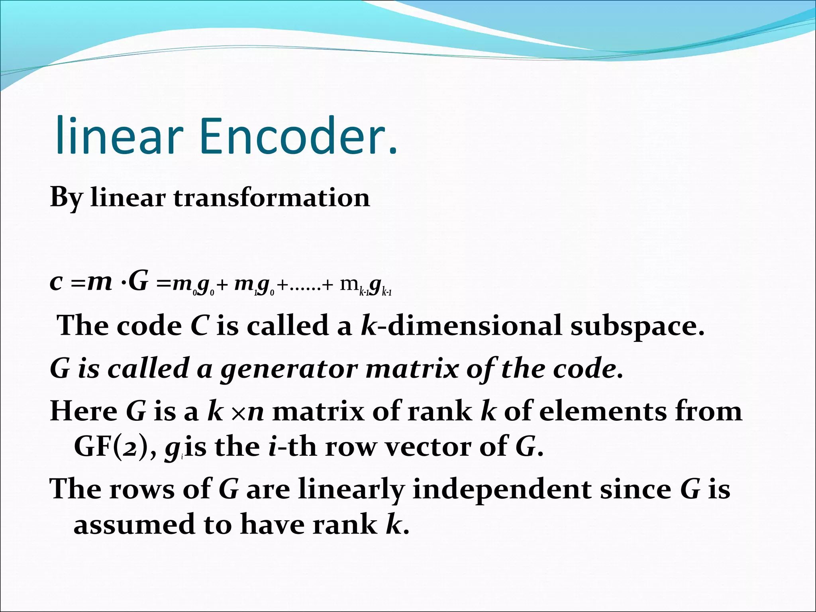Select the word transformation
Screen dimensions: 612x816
[x=272, y=198]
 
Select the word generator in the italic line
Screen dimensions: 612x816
[x=288, y=369]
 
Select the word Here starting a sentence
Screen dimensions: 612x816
[x=83, y=411]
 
